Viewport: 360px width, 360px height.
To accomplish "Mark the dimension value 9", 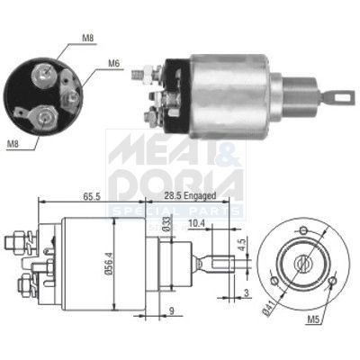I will (171, 313).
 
